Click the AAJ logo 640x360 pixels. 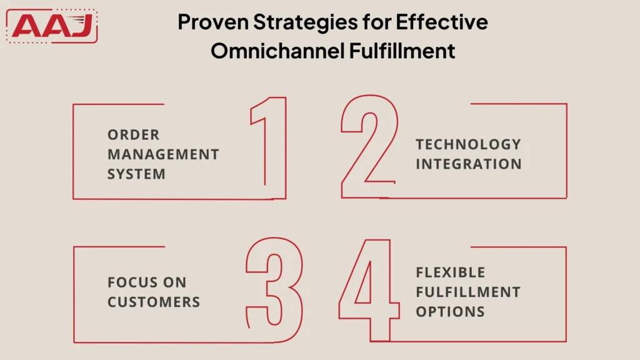tap(52, 26)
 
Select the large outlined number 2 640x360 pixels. tap(369, 147)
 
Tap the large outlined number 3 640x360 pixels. tap(275, 289)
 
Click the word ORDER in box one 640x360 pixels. tap(133, 135)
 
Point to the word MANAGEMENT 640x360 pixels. tap(163, 154)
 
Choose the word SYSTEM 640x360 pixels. tap(136, 174)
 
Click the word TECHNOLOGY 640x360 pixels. tap(468, 144)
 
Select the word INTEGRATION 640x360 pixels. tap(468, 164)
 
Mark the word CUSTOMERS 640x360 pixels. tap(154, 302)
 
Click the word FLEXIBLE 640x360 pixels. tap(450, 272)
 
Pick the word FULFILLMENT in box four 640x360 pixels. tap(468, 292)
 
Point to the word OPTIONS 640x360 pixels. tap(450, 311)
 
